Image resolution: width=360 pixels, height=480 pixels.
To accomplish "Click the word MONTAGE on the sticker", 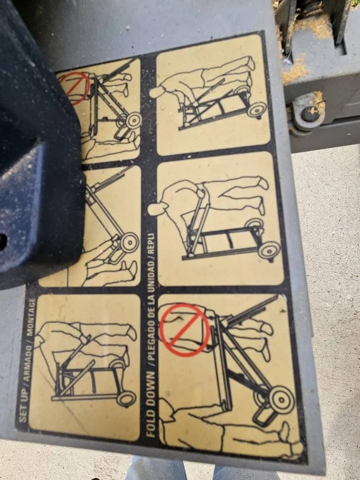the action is coord(31,317).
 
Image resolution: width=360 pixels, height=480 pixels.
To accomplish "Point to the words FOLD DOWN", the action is coord(151,404).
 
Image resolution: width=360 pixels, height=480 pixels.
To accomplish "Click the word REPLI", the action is coord(152,245).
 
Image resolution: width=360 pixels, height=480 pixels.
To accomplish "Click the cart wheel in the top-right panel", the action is coord(256,110).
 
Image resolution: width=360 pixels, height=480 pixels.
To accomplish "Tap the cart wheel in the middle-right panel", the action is coord(269,250).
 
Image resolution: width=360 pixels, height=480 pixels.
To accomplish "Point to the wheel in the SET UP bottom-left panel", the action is coord(126,399).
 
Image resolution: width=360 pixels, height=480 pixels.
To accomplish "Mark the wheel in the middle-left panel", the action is coord(129,243).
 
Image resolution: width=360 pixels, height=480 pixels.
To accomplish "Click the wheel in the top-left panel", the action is coord(133,120).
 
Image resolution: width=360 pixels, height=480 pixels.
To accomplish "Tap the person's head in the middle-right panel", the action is coord(157,209).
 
